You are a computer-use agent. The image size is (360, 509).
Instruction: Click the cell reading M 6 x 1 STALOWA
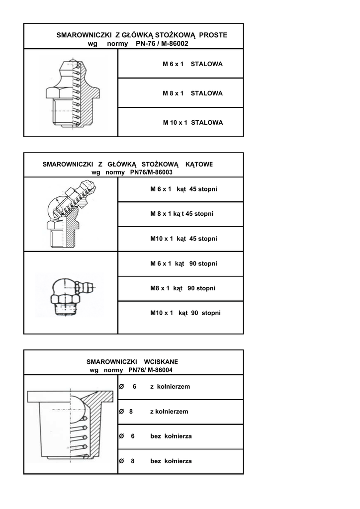192,64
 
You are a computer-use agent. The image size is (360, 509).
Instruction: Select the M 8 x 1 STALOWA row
192,93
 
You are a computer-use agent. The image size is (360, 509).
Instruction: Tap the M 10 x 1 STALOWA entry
193,122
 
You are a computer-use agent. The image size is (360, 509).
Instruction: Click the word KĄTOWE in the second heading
199,164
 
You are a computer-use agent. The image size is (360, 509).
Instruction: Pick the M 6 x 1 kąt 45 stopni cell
183,189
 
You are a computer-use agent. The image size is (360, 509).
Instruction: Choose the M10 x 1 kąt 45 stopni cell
183,239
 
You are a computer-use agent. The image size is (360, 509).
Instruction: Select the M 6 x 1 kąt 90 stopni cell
183,263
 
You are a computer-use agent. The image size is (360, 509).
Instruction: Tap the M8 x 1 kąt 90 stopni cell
182,288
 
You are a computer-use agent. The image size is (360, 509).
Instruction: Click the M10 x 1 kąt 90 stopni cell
185,313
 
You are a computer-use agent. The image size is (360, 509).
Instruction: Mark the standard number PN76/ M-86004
151,370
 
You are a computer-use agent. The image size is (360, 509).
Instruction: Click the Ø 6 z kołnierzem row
155,387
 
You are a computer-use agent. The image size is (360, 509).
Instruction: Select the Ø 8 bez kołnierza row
156,461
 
